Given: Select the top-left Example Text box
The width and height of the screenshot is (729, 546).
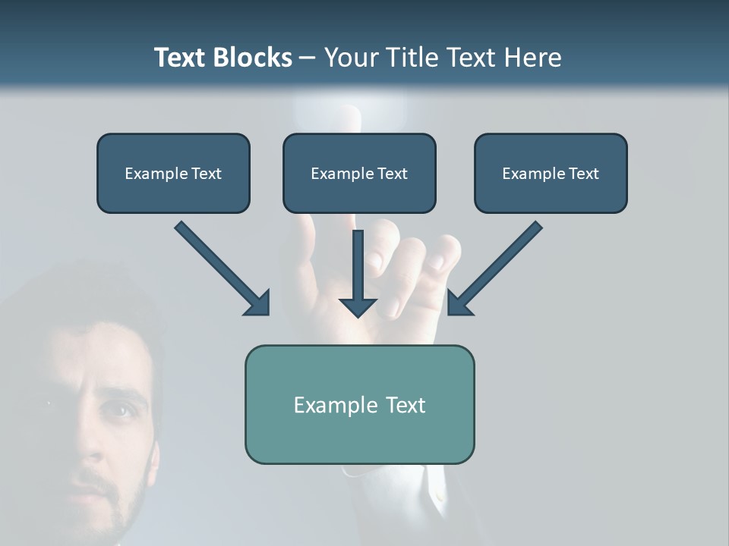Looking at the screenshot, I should point(173,173).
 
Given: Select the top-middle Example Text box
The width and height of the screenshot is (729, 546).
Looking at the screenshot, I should point(359,173).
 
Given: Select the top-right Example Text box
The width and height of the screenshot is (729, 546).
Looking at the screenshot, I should point(551,173).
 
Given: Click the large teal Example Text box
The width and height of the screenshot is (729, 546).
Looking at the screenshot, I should point(359,404).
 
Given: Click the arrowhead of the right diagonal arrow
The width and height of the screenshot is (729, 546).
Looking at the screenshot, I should point(459,303).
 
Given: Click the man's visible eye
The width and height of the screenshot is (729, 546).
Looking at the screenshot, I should point(116,410).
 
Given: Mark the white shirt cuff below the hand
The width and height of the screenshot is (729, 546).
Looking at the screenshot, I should point(433,485).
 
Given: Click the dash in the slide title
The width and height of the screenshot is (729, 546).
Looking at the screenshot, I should point(308,58).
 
